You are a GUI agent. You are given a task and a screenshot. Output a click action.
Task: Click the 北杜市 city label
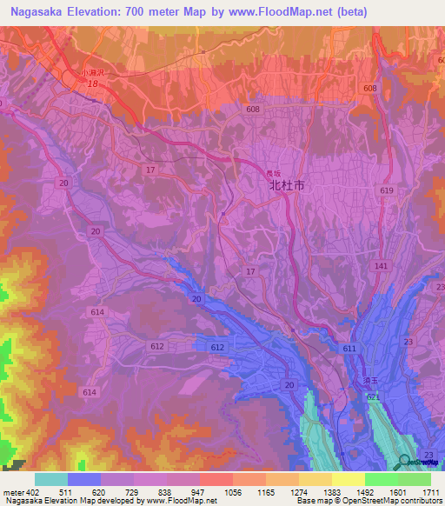(x=287, y=185)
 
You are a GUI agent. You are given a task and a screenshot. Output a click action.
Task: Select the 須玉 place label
(x=371, y=382)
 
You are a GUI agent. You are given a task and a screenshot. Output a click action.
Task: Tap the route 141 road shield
(x=380, y=265)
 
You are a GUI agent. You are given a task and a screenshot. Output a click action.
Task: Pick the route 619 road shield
(x=387, y=190)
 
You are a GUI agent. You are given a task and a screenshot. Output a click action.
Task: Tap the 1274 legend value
(x=298, y=491)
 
